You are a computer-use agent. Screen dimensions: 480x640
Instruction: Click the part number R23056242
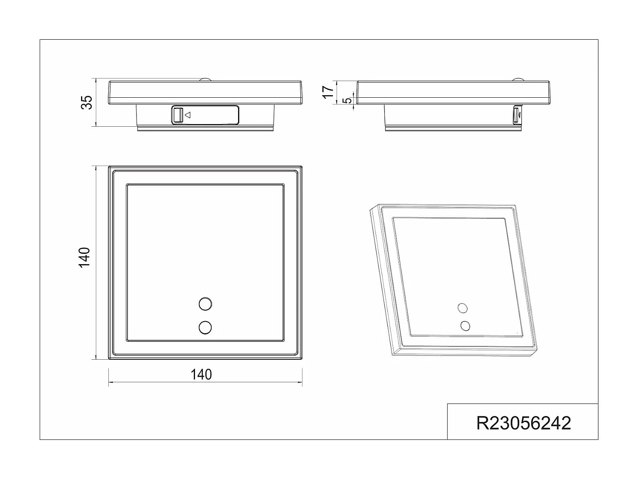tap(523, 423)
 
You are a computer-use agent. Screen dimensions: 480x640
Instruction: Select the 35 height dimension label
tap(87, 102)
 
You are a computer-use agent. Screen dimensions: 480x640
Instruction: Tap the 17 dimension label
tap(327, 92)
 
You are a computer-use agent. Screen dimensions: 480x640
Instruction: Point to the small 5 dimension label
tap(348, 101)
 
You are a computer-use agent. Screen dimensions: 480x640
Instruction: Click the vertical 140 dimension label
tap(84, 257)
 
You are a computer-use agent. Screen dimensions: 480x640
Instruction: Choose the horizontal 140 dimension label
tap(201, 375)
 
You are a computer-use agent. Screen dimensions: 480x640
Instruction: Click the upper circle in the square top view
tap(205, 304)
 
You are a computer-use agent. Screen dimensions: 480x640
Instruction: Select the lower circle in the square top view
tap(205, 327)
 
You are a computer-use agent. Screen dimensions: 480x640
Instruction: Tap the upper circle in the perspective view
tap(462, 308)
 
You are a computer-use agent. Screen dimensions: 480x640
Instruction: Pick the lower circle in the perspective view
tap(465, 326)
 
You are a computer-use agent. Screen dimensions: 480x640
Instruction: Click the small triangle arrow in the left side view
tap(188, 115)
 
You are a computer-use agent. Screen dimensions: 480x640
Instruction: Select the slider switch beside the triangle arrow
tap(178, 115)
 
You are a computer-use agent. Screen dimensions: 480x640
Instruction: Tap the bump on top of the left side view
tap(205, 79)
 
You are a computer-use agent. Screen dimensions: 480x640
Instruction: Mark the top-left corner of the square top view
tap(109, 167)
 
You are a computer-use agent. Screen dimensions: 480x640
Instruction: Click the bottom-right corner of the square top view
tap(302, 358)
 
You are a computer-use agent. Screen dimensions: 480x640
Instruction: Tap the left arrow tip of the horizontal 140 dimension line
tap(109, 382)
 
